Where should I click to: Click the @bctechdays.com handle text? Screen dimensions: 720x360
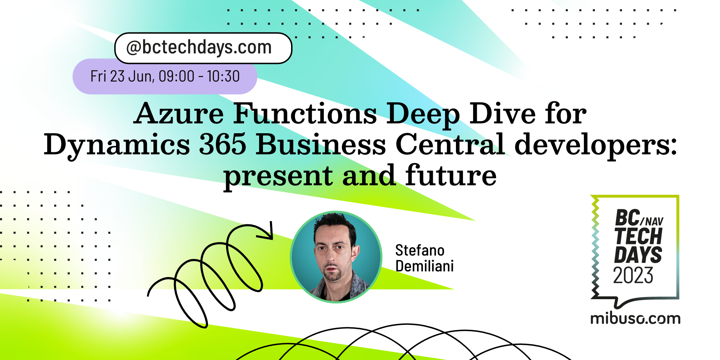click(x=199, y=47)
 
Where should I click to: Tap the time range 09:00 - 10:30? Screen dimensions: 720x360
click(x=199, y=76)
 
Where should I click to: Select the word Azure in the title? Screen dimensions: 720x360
click(x=179, y=114)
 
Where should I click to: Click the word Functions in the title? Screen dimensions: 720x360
click(x=305, y=114)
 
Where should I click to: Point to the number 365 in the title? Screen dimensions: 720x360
click(x=223, y=144)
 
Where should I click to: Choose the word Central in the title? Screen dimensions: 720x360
click(x=450, y=144)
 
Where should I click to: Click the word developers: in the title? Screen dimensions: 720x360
click(x=596, y=145)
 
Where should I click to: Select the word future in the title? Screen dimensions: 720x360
click(x=451, y=175)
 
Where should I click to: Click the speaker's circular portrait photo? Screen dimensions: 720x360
click(x=336, y=257)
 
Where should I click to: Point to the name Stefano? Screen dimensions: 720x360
click(x=420, y=251)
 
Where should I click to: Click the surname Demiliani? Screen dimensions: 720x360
click(x=424, y=266)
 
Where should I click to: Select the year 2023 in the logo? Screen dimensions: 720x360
click(x=633, y=275)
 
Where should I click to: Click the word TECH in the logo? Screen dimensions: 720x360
click(x=639, y=236)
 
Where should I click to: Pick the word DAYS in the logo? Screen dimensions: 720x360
click(x=638, y=255)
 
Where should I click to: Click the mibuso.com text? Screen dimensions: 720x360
click(x=635, y=319)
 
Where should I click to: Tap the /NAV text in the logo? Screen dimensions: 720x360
click(x=652, y=221)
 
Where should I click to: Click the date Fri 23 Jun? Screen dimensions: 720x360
click(x=121, y=76)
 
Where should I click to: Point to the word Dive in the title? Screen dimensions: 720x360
click(x=502, y=114)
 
